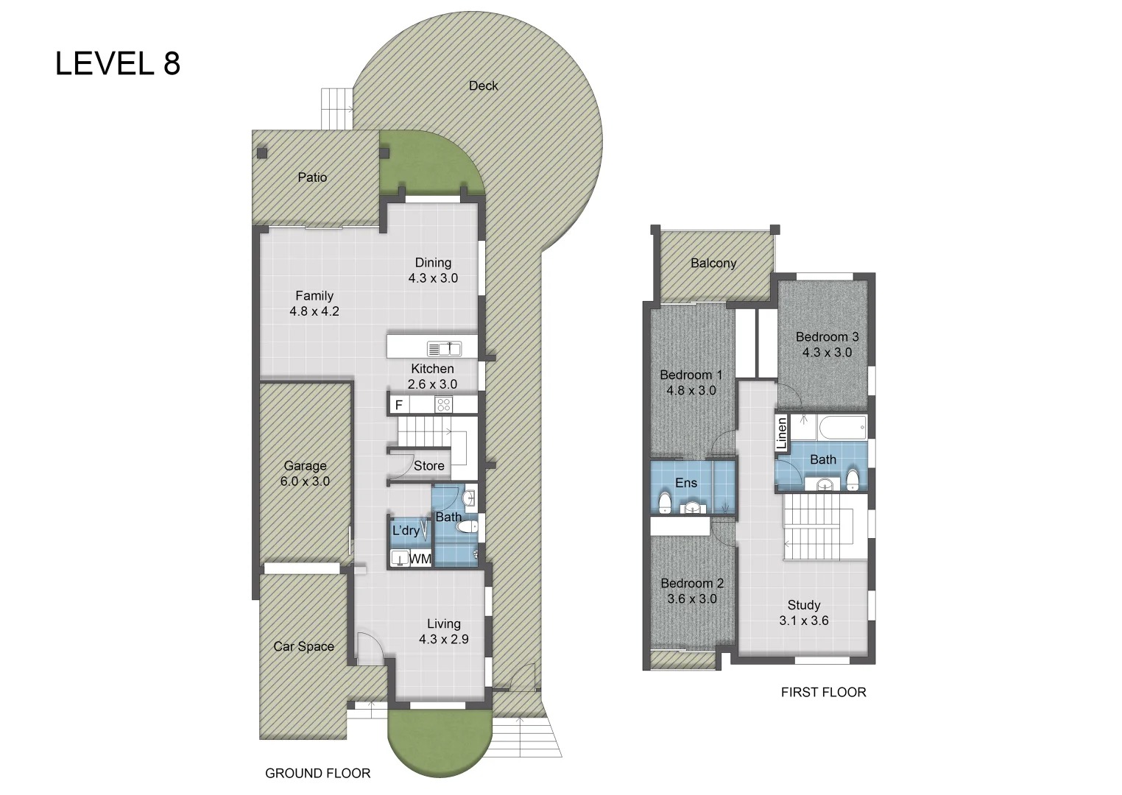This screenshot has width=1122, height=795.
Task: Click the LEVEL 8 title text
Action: (118, 64)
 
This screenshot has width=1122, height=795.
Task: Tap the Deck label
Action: (483, 85)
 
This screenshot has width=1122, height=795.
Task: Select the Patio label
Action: (312, 177)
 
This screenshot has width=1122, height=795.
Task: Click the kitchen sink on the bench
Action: (444, 348)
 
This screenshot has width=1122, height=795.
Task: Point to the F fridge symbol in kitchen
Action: (399, 405)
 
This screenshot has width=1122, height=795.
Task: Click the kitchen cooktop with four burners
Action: (443, 405)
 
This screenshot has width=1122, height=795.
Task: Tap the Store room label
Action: (428, 466)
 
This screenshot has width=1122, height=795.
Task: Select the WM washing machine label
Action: (420, 559)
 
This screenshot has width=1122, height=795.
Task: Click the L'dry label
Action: (406, 530)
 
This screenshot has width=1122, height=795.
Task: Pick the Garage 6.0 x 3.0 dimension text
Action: (305, 481)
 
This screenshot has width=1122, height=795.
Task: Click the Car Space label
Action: (303, 646)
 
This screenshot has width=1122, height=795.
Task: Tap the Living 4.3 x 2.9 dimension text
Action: (443, 639)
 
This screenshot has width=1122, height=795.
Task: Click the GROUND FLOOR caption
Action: (317, 773)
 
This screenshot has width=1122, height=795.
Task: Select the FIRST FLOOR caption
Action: (823, 692)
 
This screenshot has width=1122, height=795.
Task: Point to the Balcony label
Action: (713, 263)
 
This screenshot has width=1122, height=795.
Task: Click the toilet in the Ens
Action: (664, 503)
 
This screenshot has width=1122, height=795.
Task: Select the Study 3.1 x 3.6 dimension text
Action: (804, 621)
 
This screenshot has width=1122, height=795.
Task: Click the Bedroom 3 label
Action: (827, 336)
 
